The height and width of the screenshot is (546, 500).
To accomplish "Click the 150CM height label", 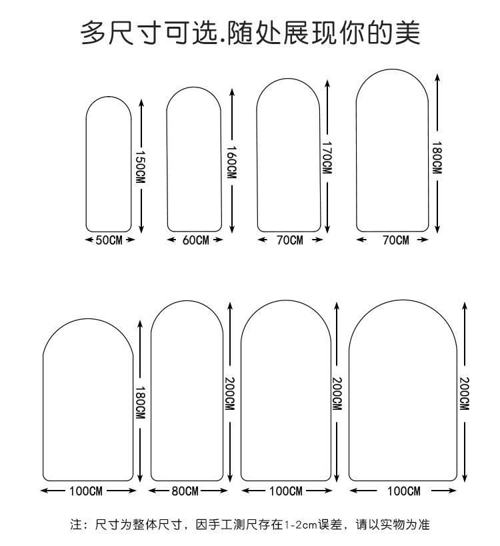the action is (141, 166).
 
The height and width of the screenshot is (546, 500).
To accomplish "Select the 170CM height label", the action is (327, 158).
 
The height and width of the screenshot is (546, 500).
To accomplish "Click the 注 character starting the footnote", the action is (76, 525).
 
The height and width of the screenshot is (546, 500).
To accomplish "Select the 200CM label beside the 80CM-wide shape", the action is (231, 394).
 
